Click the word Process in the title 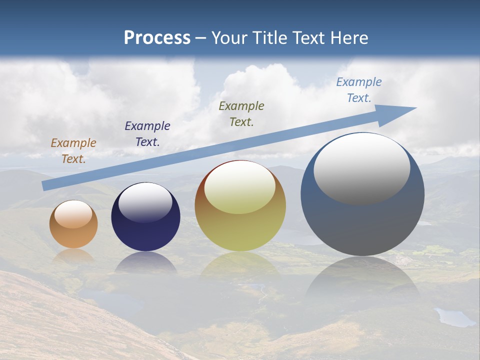157,38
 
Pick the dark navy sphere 145,230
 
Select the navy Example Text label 147,134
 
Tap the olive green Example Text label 241,113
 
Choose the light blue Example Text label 359,90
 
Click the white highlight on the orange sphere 73,214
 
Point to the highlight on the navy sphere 145,202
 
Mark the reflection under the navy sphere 145,262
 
